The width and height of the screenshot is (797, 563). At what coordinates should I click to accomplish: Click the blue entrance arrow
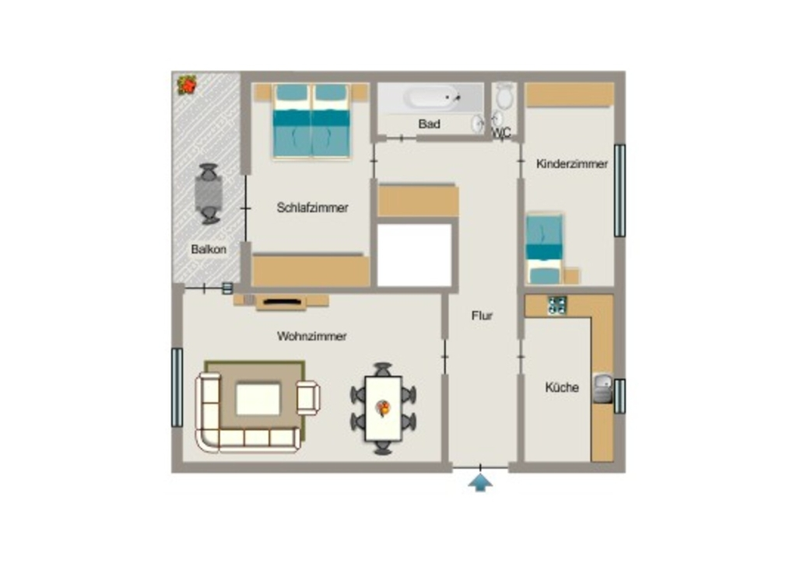(480, 482)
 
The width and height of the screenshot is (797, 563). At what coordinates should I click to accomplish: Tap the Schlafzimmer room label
(312, 208)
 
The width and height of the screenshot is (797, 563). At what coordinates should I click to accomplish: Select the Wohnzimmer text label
(311, 336)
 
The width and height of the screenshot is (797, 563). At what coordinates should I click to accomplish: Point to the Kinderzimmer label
(572, 164)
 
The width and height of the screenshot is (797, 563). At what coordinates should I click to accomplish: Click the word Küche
(562, 387)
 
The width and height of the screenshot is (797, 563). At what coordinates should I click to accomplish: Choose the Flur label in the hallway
(482, 316)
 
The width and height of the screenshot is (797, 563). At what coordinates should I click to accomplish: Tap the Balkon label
(209, 250)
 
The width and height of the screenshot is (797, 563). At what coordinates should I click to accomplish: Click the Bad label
(429, 124)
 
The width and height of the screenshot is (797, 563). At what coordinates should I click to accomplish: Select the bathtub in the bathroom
(432, 97)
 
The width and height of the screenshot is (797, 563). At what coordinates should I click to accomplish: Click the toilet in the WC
(504, 95)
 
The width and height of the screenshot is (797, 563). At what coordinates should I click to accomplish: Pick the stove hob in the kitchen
(557, 305)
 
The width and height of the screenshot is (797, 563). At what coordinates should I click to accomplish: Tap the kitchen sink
(603, 388)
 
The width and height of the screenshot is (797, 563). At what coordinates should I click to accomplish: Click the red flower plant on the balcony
(187, 85)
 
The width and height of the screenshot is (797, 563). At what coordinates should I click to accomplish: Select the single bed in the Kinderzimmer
(544, 249)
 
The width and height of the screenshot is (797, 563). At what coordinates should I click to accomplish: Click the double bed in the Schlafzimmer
(311, 121)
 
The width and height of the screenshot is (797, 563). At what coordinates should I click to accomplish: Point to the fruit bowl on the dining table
(383, 407)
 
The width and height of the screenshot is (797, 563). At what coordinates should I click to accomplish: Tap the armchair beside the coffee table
(308, 397)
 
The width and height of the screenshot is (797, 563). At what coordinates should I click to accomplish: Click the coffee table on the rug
(258, 399)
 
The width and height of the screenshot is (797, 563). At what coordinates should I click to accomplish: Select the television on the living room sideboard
(282, 302)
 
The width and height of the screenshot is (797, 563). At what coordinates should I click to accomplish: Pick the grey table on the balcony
(209, 194)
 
